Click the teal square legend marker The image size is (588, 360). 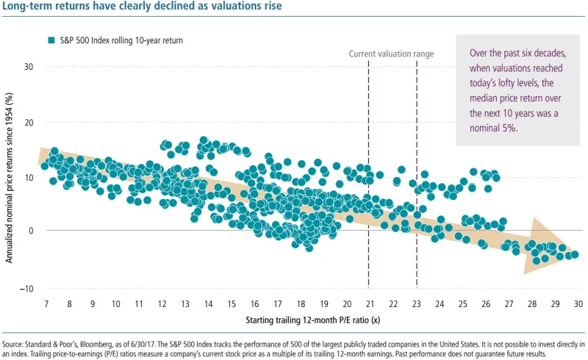click(x=51, y=40)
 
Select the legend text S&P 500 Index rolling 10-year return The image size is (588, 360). click(x=121, y=40)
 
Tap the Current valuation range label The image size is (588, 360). click(x=390, y=54)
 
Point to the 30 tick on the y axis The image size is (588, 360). click(x=30, y=67)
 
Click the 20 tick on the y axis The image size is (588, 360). click(x=30, y=122)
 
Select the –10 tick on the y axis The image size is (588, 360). click(x=28, y=287)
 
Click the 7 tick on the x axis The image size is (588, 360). click(x=46, y=303)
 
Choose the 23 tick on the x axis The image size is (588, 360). click(x=417, y=303)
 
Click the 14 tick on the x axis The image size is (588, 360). click(x=208, y=303)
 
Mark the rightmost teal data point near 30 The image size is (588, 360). click(x=575, y=254)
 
